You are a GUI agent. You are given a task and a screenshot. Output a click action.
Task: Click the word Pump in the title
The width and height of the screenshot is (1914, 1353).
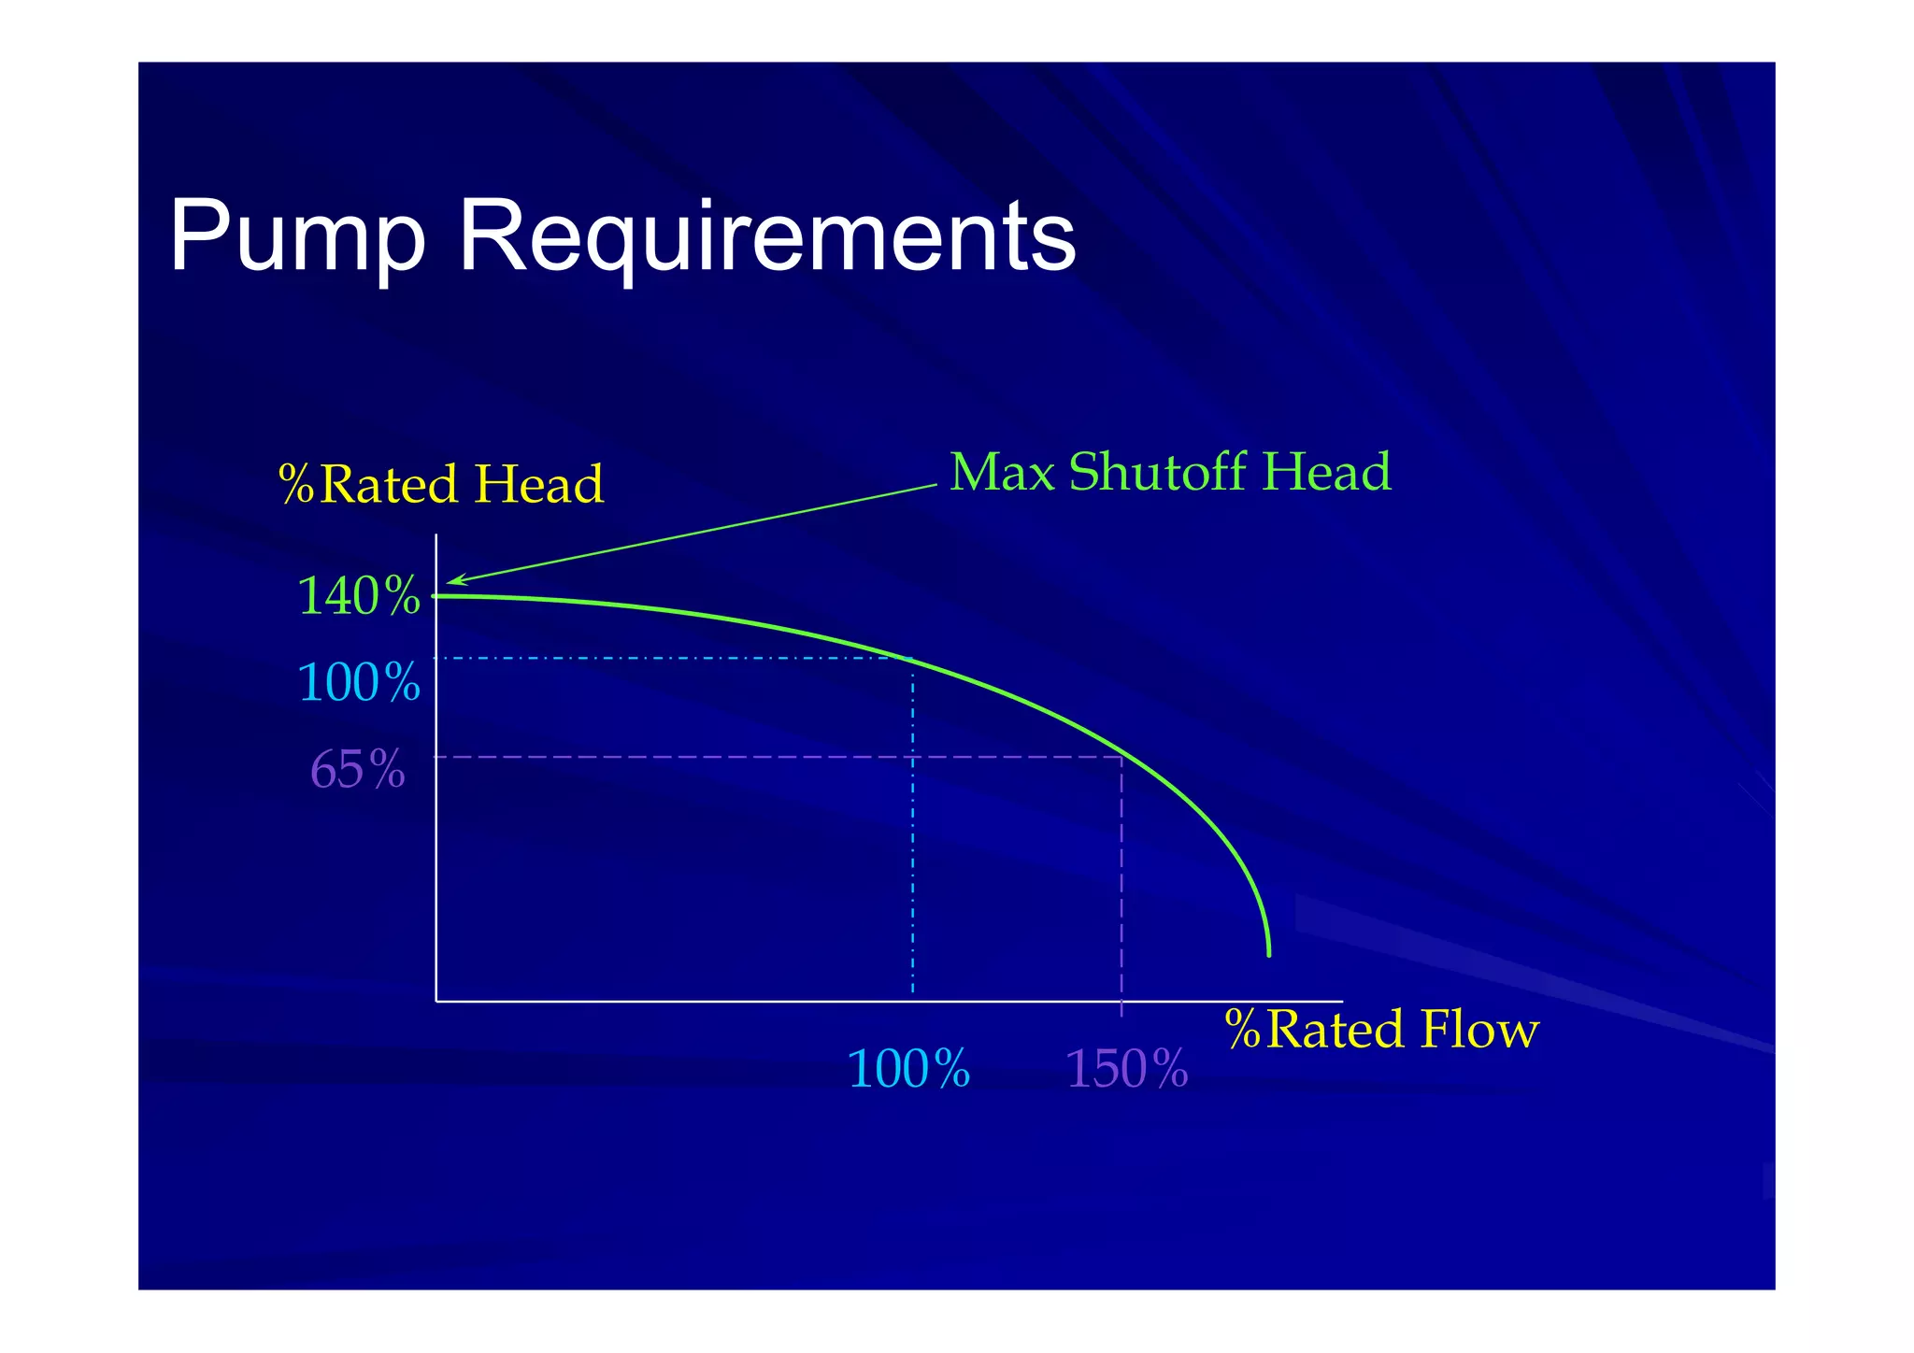297,238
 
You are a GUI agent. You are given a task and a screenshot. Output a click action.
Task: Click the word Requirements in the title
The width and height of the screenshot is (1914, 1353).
766,238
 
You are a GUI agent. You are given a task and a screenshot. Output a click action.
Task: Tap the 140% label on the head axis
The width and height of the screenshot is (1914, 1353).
359,596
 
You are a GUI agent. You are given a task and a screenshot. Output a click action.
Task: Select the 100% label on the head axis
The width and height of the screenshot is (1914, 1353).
359,682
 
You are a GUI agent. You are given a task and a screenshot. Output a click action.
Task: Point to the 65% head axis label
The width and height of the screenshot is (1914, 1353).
358,770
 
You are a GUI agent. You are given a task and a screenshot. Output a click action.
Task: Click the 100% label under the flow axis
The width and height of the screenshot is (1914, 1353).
908,1069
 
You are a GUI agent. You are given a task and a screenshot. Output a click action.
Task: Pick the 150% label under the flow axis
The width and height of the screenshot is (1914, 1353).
1126,1069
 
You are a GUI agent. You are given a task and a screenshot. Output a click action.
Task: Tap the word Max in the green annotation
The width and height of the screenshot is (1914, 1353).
1002,472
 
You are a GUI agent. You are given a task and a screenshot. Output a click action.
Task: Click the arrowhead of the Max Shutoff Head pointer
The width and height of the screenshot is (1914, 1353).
450,583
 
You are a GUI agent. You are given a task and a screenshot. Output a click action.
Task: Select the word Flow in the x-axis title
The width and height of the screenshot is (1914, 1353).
1478,1030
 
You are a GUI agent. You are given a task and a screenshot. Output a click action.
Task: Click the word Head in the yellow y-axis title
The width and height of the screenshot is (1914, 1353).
538,485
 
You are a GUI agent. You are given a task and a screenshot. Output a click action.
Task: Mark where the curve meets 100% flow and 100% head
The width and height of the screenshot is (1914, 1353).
913,660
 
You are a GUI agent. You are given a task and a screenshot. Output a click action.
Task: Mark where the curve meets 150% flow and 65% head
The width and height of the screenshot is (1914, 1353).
1121,757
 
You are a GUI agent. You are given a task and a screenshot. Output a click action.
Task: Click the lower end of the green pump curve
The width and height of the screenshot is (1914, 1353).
1268,954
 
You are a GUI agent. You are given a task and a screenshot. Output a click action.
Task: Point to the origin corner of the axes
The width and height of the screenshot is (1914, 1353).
436,1001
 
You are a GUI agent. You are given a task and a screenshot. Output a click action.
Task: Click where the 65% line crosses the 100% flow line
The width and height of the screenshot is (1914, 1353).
913,757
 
